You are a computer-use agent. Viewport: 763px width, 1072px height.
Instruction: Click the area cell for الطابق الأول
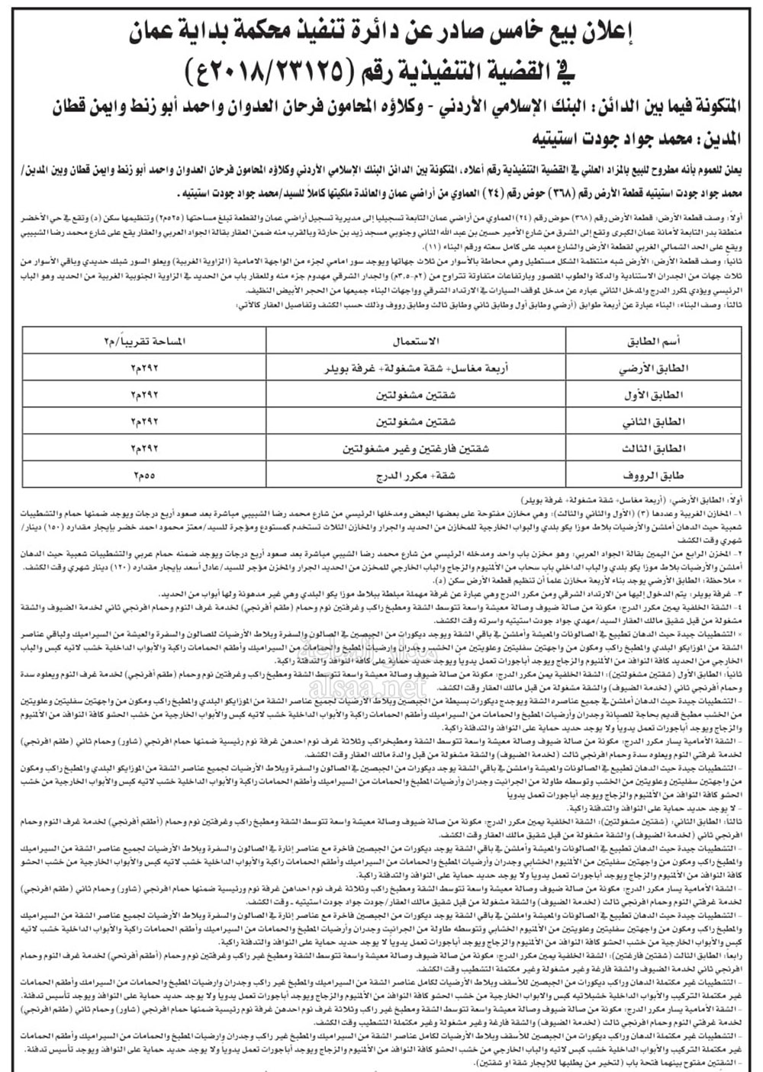coord(145,395)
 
